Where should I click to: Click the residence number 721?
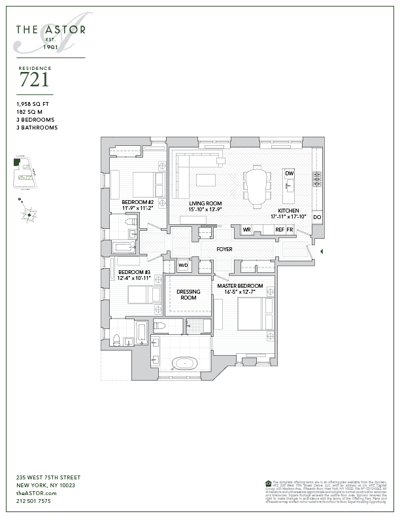coord(33,80)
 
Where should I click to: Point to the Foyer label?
coord(225,249)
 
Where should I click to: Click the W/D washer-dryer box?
coord(184,266)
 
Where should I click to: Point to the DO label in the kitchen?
coord(317,216)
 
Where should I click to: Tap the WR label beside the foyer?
coord(247,230)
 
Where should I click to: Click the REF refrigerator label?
coord(279,230)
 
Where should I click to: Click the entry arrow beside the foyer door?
coord(320,250)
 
